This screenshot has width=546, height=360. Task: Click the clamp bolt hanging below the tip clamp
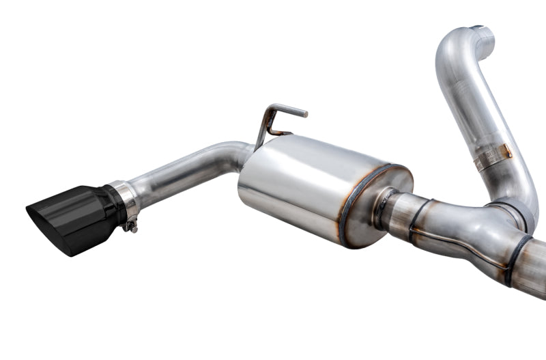[129, 225]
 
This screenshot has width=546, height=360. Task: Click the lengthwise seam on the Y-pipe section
[464, 239]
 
